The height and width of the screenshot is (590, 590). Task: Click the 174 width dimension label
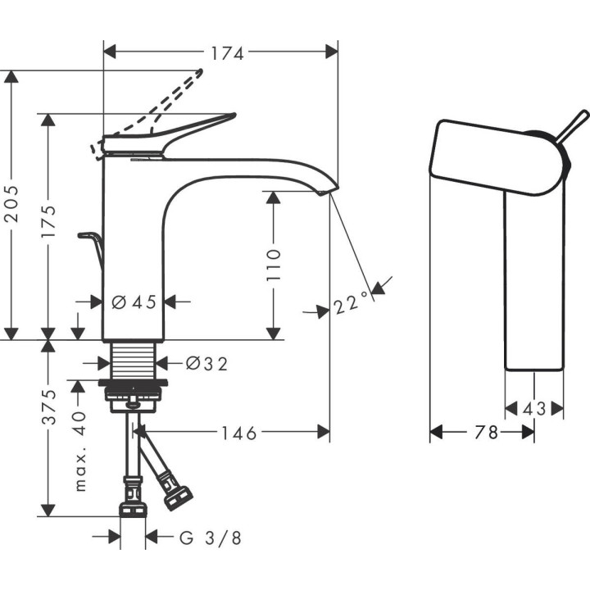tap(228, 53)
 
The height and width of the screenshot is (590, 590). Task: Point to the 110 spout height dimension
tap(273, 264)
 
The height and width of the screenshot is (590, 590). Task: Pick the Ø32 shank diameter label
tap(206, 362)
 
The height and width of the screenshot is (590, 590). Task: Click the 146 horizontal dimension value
tap(238, 432)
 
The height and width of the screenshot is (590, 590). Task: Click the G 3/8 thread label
tap(211, 538)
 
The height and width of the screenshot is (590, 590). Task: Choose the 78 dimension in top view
tap(486, 432)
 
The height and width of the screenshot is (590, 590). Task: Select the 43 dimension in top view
tap(535, 407)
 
